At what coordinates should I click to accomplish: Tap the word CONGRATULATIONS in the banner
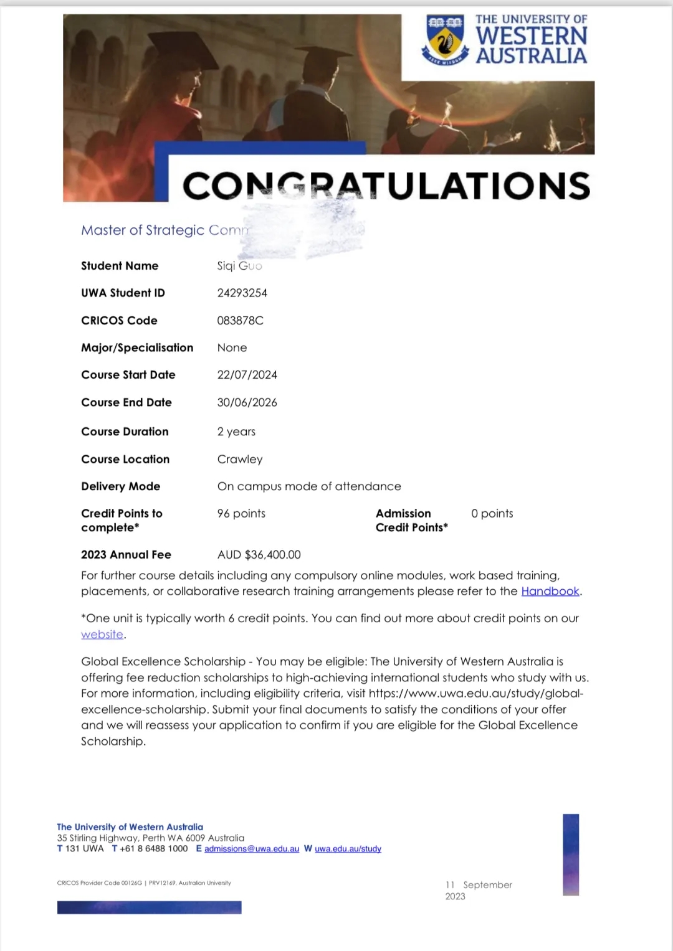click(386, 186)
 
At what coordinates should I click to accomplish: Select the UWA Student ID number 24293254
click(242, 293)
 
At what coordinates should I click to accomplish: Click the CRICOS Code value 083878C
click(240, 321)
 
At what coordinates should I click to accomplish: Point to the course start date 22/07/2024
click(247, 375)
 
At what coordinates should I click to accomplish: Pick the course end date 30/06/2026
click(247, 402)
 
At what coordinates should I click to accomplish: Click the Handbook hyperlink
click(550, 591)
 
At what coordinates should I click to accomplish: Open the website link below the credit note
click(102, 634)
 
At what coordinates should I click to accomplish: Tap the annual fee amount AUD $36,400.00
click(259, 554)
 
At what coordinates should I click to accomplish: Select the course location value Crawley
click(240, 459)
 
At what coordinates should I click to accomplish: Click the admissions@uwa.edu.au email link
click(252, 849)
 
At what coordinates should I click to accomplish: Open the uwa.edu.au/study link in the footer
click(348, 849)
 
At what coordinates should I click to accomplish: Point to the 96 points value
click(241, 513)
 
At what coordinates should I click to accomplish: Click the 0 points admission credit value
click(492, 513)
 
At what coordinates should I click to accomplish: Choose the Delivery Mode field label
click(120, 486)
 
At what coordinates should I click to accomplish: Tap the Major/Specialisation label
click(137, 348)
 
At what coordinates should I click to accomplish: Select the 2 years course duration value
click(236, 432)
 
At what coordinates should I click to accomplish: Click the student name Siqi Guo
click(239, 266)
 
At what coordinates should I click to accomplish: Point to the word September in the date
click(487, 885)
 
